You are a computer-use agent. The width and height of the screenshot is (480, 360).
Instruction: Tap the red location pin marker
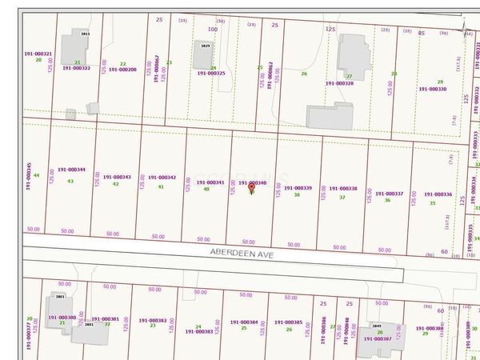[x=252, y=188]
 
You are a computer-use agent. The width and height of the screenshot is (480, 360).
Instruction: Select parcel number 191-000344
[x=72, y=170]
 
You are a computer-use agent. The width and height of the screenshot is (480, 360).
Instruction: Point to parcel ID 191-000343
[x=117, y=177]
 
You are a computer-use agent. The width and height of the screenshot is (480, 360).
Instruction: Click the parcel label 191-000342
[x=162, y=178]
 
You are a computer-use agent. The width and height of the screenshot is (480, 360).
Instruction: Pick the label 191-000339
[x=298, y=188]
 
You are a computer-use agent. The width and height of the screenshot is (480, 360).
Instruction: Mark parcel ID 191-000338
[x=342, y=189]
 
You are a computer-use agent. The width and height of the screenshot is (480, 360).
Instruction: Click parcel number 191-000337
[x=390, y=194]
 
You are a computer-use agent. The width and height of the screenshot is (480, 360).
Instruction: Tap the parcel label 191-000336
[x=438, y=194]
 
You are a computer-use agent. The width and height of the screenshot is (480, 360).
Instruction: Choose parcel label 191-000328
[x=339, y=83]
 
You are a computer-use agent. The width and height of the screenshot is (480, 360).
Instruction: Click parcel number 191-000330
[x=431, y=89]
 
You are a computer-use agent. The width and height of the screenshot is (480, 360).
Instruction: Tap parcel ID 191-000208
[x=122, y=70]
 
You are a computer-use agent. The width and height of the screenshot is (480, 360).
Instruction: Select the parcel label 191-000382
[x=152, y=320]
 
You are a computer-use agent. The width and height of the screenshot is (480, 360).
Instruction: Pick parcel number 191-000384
[x=244, y=322]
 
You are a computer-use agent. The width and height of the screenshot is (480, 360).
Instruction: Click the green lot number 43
[x=70, y=181]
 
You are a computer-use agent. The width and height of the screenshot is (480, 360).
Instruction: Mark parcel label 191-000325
[x=211, y=74]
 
